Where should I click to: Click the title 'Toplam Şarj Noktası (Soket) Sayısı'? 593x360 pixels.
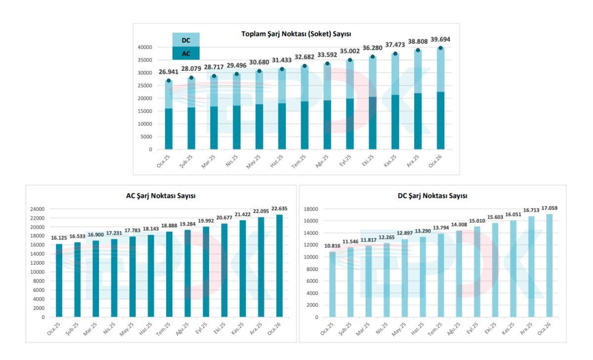point(296,34)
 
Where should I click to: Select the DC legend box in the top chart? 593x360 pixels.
point(186,40)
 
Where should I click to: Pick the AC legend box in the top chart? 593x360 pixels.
point(186,53)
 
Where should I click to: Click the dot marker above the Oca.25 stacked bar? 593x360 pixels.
point(169,81)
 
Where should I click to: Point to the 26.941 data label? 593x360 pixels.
point(169,72)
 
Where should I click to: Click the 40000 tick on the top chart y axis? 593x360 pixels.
point(144,47)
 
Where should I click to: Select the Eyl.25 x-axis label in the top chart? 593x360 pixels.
point(347,161)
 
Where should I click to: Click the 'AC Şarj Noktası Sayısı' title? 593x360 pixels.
point(161,196)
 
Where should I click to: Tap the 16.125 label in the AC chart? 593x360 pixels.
point(60,238)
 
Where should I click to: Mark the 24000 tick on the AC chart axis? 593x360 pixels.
point(37,209)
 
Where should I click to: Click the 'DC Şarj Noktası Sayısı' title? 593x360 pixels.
point(432,196)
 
